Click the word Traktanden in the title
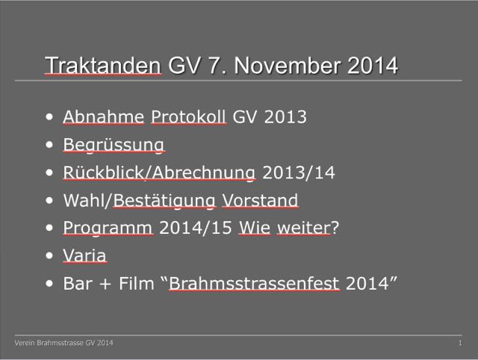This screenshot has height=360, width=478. pyautogui.click(x=103, y=65)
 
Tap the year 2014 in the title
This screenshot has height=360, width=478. pyautogui.click(x=373, y=65)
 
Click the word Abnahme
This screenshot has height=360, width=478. pyautogui.click(x=104, y=117)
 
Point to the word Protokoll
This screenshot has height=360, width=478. pyautogui.click(x=189, y=117)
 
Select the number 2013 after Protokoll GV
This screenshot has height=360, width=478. pyautogui.click(x=285, y=117)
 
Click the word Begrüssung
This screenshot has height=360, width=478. pyautogui.click(x=114, y=145)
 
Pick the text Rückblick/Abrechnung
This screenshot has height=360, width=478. pyautogui.click(x=159, y=173)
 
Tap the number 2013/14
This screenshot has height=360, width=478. pyautogui.click(x=299, y=173)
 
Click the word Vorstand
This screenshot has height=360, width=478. pyautogui.click(x=260, y=200)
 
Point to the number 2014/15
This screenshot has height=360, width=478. pyautogui.click(x=196, y=228)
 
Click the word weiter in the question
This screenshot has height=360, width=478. pyautogui.click(x=304, y=228)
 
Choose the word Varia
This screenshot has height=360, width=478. pyautogui.click(x=84, y=255)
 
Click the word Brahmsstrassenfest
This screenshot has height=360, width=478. pyautogui.click(x=254, y=284)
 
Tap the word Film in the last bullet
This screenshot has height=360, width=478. pyautogui.click(x=137, y=284)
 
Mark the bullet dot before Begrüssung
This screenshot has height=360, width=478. pyautogui.click(x=49, y=144)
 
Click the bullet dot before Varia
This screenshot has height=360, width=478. pyautogui.click(x=49, y=255)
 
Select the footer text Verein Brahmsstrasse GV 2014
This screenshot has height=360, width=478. pyautogui.click(x=63, y=343)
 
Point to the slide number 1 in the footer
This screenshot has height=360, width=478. pyautogui.click(x=460, y=343)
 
